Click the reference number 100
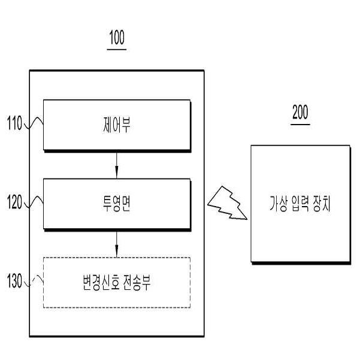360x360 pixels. tap(117, 40)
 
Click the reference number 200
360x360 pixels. tap(301, 113)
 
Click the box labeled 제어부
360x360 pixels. tap(116, 126)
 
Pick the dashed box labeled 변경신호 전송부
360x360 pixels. tap(116, 282)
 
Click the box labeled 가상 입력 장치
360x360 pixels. tap(300, 204)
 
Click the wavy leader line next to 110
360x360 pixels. tap(34, 125)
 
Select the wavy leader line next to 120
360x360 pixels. tap(34, 204)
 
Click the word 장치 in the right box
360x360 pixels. tap(322, 204)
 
